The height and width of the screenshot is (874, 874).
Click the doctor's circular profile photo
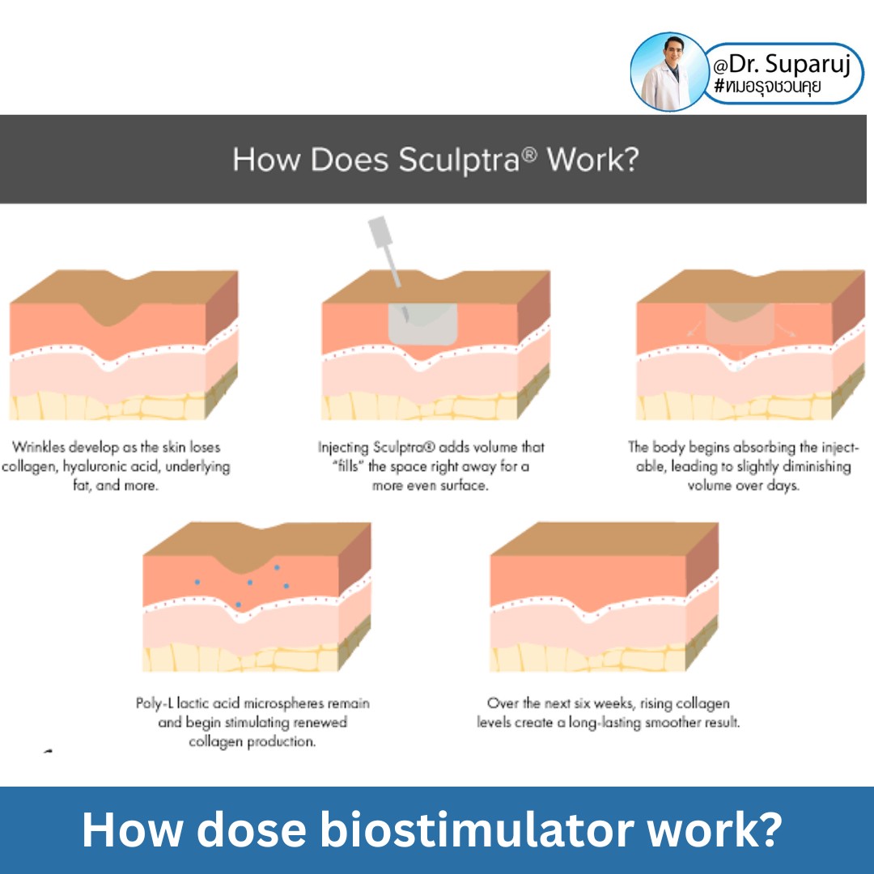pyautogui.click(x=669, y=72)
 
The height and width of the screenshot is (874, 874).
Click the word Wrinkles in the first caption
pyautogui.click(x=40, y=447)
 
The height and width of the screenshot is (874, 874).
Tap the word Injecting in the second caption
pyautogui.click(x=345, y=447)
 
